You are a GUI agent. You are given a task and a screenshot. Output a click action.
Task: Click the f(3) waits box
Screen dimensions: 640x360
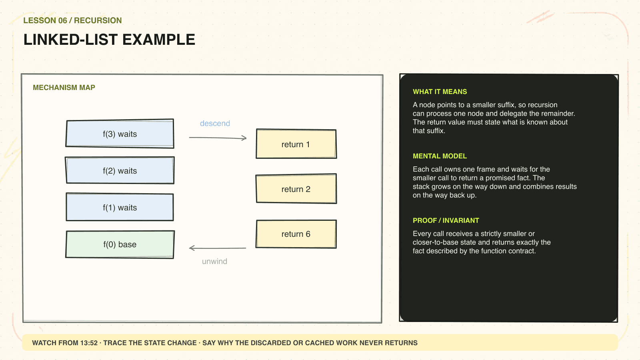[x=120, y=134]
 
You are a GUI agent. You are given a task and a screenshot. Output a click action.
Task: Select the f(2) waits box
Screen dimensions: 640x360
[x=120, y=170]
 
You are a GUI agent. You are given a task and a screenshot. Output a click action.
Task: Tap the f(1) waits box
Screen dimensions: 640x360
[x=120, y=207]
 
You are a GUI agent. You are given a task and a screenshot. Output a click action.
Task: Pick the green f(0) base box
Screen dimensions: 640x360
[x=120, y=244]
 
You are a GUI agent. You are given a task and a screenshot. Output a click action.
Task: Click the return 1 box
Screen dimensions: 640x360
[x=296, y=144]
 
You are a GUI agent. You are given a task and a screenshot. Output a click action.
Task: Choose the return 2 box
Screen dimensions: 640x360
[x=296, y=188]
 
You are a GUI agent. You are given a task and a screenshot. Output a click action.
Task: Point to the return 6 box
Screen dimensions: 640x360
[x=296, y=234]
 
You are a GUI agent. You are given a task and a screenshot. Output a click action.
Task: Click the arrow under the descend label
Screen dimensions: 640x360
[x=218, y=138]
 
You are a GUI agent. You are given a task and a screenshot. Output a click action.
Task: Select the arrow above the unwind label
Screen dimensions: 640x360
[x=218, y=248]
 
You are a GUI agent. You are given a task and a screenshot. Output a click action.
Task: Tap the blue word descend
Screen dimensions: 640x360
[x=215, y=123]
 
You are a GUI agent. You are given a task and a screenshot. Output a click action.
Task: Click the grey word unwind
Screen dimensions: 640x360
[x=214, y=261]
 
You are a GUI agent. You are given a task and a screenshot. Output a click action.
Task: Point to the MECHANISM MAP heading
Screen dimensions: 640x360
[x=64, y=88]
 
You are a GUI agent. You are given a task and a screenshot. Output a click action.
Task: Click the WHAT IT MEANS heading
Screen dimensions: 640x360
[x=440, y=92]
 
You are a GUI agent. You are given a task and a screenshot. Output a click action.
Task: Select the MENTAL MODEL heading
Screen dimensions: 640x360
[x=440, y=156]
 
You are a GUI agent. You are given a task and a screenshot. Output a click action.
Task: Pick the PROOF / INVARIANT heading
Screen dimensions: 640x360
[x=446, y=220]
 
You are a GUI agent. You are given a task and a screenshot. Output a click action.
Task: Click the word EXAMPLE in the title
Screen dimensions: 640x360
[x=158, y=40]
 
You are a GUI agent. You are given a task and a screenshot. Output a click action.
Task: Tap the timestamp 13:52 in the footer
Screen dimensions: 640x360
[x=89, y=343]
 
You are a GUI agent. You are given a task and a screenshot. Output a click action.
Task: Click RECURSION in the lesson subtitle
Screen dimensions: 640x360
[x=98, y=20]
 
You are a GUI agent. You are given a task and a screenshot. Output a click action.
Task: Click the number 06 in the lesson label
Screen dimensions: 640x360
[x=62, y=20]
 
